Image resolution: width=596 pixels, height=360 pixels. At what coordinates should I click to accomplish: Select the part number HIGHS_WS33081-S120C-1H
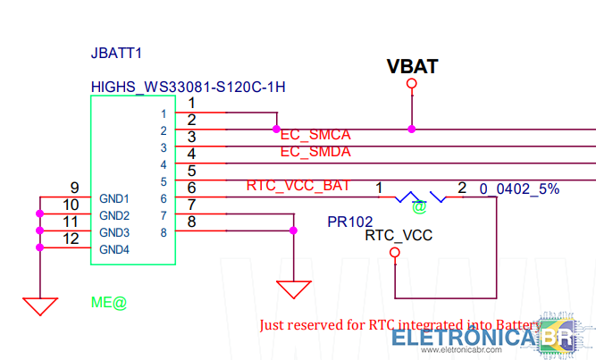[x=188, y=88]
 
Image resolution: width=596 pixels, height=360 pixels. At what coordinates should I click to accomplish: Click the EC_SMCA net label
[x=315, y=135]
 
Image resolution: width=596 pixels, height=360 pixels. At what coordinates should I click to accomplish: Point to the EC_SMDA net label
[x=315, y=152]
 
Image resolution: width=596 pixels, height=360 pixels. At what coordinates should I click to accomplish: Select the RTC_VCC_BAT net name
[x=298, y=186]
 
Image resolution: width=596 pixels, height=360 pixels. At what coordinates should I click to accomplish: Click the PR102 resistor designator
[x=350, y=221]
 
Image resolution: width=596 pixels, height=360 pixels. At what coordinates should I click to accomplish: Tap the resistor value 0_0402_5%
[x=519, y=188]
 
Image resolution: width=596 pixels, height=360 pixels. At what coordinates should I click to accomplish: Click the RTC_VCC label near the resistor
[x=399, y=236]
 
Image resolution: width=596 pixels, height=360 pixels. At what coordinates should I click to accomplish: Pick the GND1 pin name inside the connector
[x=114, y=199]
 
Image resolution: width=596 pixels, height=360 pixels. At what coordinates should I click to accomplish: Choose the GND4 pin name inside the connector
[x=114, y=249]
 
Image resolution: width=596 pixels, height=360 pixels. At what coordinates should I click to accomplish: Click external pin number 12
[x=72, y=239]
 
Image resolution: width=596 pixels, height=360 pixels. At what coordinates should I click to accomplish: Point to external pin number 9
[x=75, y=188]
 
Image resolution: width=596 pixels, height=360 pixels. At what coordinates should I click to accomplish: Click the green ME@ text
[x=109, y=302]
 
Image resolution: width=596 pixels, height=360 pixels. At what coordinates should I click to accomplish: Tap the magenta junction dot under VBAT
[x=412, y=129]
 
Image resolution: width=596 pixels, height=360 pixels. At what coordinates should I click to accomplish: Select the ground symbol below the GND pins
[x=39, y=305]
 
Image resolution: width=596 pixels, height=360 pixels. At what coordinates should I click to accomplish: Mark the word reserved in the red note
[x=330, y=325]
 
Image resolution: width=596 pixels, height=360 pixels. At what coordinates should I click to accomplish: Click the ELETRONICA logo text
[x=465, y=339]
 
